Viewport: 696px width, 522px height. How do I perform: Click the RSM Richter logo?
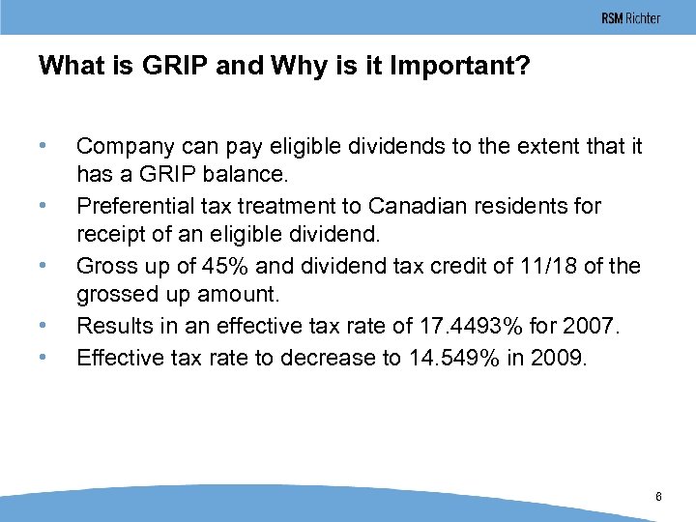coord(630,18)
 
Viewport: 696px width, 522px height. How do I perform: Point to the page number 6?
coord(658,497)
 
